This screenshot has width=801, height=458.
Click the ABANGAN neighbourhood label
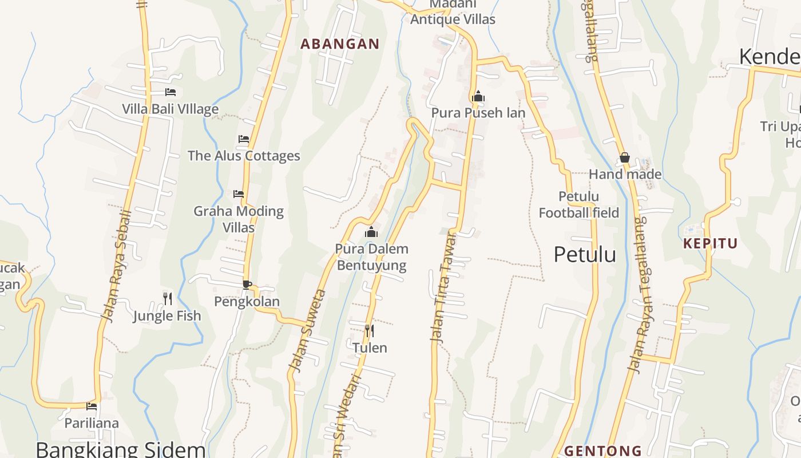tap(340, 44)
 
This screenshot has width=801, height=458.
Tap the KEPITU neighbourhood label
tap(710, 243)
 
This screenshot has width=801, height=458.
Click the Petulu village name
tap(584, 255)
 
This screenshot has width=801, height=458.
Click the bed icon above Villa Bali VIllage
tap(170, 92)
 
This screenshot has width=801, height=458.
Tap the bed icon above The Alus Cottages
tap(244, 139)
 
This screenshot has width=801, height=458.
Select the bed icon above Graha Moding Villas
tap(239, 194)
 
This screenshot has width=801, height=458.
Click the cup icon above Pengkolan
tap(247, 285)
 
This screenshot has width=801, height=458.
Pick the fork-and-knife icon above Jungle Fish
tap(167, 298)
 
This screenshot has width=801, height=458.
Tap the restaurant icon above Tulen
tap(370, 331)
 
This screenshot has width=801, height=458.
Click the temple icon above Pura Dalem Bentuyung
tap(371, 232)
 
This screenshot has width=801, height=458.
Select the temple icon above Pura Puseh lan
tap(478, 96)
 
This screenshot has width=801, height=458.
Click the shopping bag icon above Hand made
tap(625, 157)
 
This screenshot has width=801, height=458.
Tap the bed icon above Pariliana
tap(92, 406)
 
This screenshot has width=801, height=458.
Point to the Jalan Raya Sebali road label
tap(116, 266)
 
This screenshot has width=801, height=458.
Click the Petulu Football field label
tap(578, 205)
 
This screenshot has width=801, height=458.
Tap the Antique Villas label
tap(453, 19)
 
